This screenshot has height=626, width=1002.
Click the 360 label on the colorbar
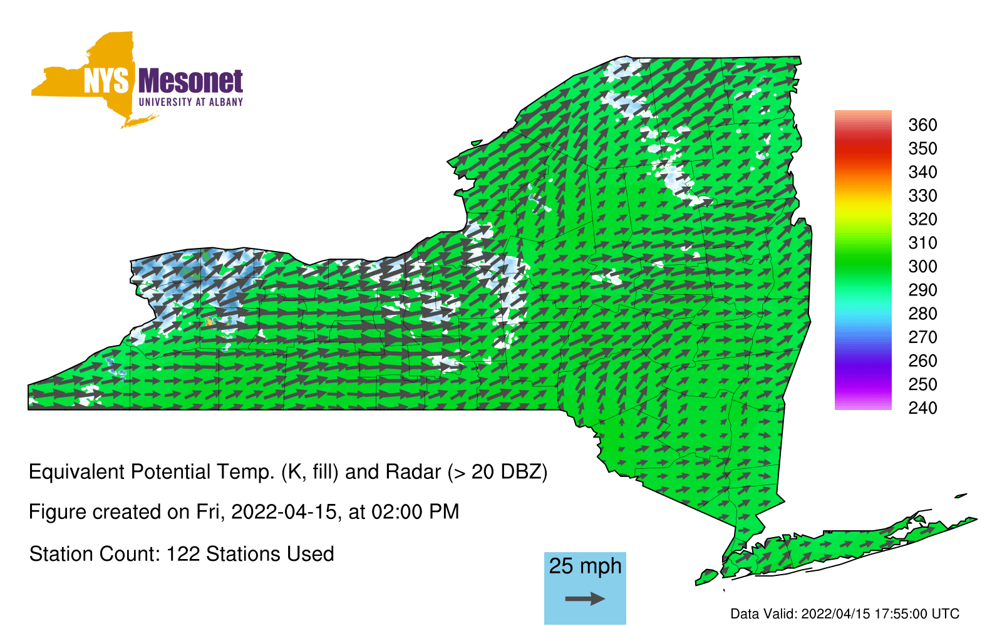[x=922, y=125]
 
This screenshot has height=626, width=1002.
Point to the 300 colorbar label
[x=922, y=267]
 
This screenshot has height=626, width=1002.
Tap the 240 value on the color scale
[x=922, y=408]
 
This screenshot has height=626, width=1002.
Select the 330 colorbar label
[x=922, y=195]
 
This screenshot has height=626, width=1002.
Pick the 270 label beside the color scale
[x=922, y=337]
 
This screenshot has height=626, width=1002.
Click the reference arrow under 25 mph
[x=585, y=598]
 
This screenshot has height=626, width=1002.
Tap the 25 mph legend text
[x=585, y=567]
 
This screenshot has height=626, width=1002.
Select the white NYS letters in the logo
[x=106, y=81]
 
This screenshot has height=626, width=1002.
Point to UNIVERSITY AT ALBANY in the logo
[x=191, y=102]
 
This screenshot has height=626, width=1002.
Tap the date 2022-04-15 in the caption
[x=284, y=512]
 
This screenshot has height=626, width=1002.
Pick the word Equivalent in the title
[x=76, y=472]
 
